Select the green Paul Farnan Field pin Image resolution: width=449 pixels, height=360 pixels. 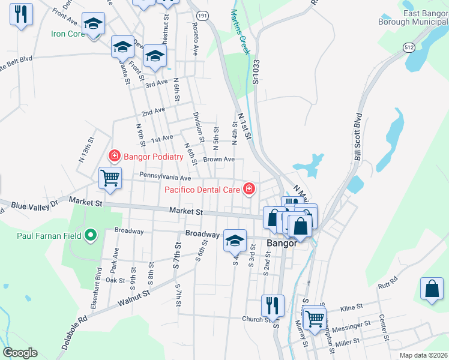pyautogui.click(x=91, y=235)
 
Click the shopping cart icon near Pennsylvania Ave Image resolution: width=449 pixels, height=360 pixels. pyautogui.click(x=110, y=178)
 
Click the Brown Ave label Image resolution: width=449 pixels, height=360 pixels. pyautogui.click(x=218, y=160)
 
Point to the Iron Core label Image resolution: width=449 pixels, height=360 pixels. pyautogui.click(x=68, y=34)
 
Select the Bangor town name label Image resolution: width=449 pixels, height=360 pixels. pyautogui.click(x=282, y=244)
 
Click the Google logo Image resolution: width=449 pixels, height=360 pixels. pyautogui.click(x=20, y=353)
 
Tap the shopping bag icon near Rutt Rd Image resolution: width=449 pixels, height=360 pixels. pyautogui.click(x=432, y=289)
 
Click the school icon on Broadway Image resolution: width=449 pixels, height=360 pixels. pyautogui.click(x=235, y=241)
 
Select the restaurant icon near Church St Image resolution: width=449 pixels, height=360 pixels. pyautogui.click(x=273, y=306)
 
